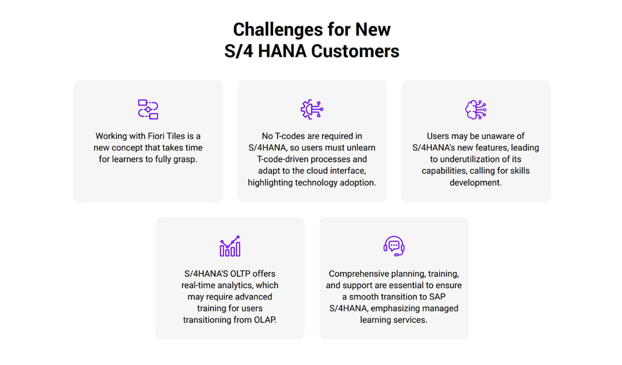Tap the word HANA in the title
point(282,51)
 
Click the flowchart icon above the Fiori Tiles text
point(148,109)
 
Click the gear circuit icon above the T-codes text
point(312,109)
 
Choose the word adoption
point(356,182)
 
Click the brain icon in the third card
point(475,109)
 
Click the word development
point(475,182)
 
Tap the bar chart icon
point(230,246)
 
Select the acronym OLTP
point(240,274)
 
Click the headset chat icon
point(394,246)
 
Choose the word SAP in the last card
point(437,297)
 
